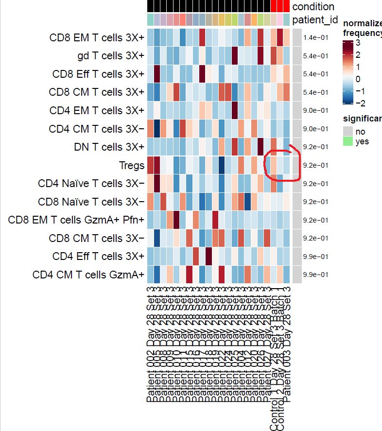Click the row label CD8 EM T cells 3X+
coord(97,37)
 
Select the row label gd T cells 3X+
coord(110,55)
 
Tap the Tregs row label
coord(132,165)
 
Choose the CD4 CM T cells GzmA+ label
coord(88,275)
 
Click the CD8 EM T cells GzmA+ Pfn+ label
coord(76,220)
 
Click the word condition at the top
coord(313,6)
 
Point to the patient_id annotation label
coord(315,19)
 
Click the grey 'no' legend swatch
coord(347,131)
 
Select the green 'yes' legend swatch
coord(347,141)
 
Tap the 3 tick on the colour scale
coord(358,43)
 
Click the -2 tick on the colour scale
coord(361,103)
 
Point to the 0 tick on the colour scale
coord(358,79)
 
